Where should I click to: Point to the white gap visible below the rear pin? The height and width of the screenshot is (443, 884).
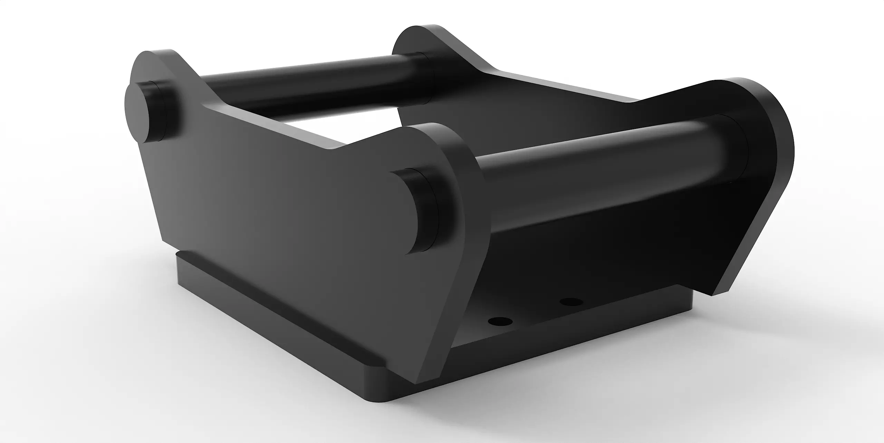(311, 126)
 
